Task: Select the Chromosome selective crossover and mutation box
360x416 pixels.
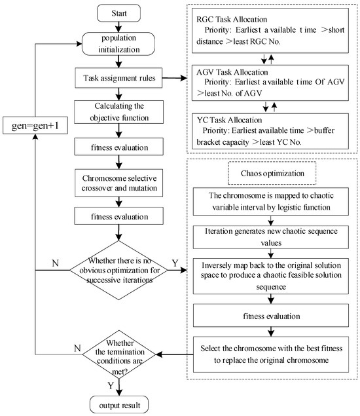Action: pos(118,183)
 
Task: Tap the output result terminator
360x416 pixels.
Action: pos(118,402)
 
